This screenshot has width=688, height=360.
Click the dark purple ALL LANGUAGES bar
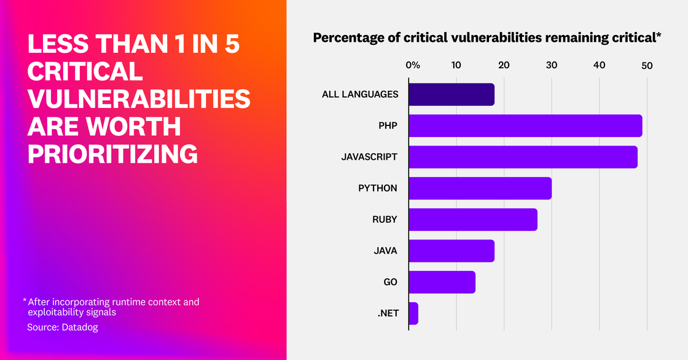[451, 95]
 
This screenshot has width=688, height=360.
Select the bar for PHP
[525, 126]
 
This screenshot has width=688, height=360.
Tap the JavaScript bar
[523, 157]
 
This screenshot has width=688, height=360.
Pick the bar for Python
[480, 188]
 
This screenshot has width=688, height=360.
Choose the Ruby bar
[472, 219]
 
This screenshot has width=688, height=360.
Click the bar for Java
[451, 251]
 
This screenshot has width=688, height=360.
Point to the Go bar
[442, 282]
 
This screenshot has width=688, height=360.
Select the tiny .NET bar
[413, 313]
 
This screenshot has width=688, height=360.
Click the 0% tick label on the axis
[412, 65]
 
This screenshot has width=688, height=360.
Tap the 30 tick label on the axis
[552, 65]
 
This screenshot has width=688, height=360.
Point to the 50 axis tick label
[647, 65]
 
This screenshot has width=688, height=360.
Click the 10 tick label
[456, 65]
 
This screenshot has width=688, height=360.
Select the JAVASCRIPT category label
[369, 157]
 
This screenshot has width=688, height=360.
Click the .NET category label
[388, 313]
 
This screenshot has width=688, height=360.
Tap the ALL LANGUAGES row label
[360, 95]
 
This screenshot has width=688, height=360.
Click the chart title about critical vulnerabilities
[487, 38]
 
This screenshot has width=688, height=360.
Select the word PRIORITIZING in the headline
[112, 154]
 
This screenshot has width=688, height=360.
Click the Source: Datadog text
[62, 327]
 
